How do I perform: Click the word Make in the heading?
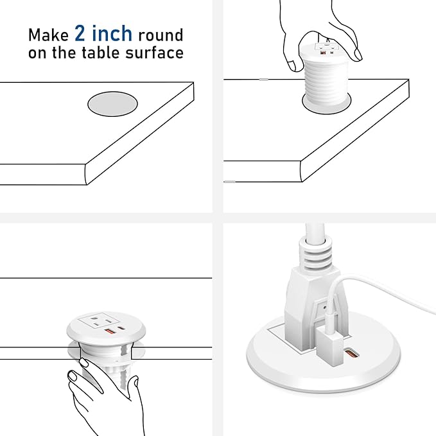pyautogui.click(x=48, y=34)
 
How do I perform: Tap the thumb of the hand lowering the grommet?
pyautogui.click(x=293, y=63)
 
